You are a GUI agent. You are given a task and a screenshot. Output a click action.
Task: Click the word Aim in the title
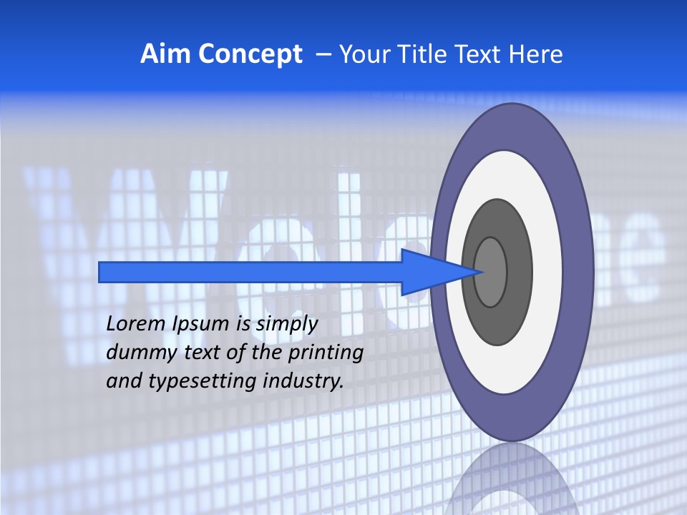click(x=163, y=54)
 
